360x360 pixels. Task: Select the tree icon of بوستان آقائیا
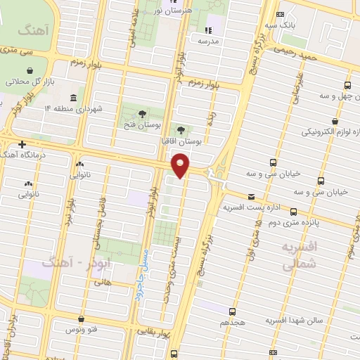(x=182, y=130)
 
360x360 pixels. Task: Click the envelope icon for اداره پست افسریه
(x=251, y=197)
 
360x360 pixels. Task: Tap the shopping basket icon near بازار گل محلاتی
(x=31, y=72)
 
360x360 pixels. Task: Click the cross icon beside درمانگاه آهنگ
(x=22, y=143)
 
